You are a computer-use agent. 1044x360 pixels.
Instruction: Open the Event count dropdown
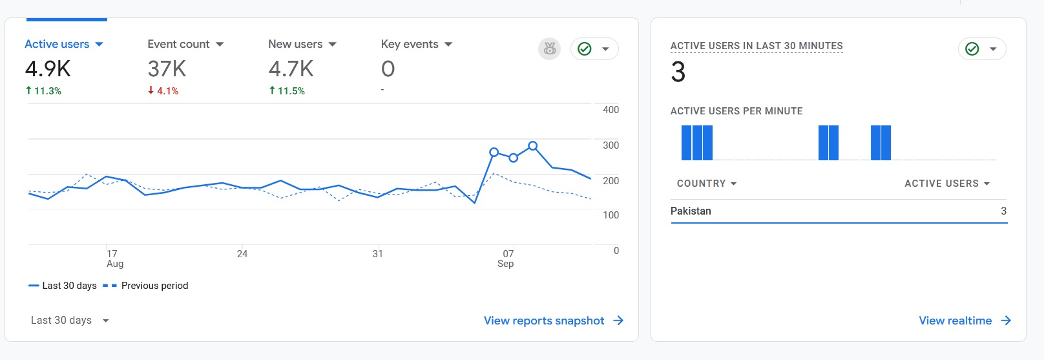tap(220, 45)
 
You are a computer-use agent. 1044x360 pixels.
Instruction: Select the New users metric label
tap(295, 44)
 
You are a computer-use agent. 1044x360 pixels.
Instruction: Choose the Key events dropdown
tap(448, 45)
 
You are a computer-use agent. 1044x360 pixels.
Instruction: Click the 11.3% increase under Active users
tap(43, 91)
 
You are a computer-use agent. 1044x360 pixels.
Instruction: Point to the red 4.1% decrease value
tap(163, 91)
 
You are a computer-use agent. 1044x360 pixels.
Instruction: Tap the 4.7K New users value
tap(291, 69)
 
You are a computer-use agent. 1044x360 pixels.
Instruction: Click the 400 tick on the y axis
tap(611, 110)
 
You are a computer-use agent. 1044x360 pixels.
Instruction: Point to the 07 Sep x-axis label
tap(507, 259)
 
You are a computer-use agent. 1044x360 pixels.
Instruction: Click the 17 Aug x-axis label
tap(114, 259)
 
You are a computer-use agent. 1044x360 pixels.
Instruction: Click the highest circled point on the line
tap(533, 146)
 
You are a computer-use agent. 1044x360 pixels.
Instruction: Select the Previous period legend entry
tap(146, 286)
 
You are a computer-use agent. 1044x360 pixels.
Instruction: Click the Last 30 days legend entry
tap(63, 286)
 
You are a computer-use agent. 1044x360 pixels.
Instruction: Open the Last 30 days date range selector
tap(70, 321)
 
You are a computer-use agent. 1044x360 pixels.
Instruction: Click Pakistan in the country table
tap(691, 211)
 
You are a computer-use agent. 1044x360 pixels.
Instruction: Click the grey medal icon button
tap(549, 48)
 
